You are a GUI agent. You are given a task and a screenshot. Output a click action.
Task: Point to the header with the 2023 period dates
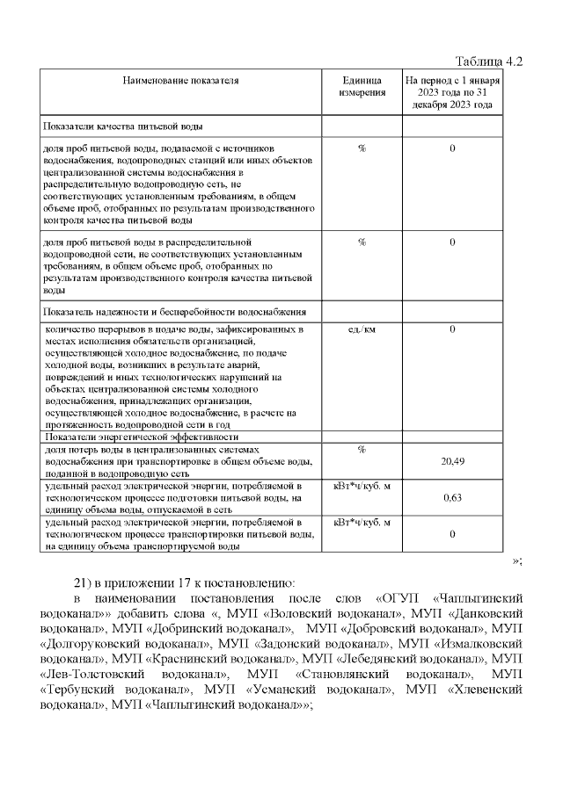[452, 92]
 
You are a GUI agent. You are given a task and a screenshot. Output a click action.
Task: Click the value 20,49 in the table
[452, 462]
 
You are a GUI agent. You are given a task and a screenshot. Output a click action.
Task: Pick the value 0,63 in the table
[452, 498]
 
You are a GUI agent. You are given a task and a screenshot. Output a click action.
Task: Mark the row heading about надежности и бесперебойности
[175, 312]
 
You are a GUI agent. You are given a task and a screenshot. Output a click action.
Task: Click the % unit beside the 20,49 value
[362, 450]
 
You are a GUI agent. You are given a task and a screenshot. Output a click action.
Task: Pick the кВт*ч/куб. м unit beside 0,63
[362, 486]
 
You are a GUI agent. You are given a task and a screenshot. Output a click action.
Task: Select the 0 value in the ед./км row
[452, 329]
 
